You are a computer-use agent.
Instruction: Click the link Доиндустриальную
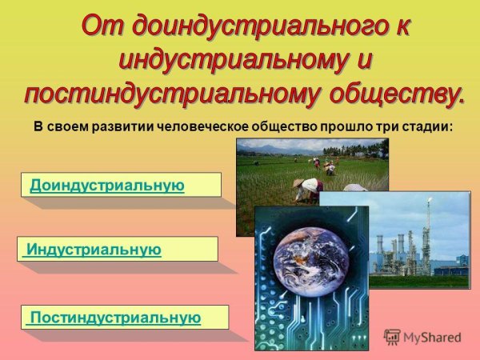click(x=107, y=186)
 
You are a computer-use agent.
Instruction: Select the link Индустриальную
click(x=94, y=250)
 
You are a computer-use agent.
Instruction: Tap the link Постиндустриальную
click(x=115, y=318)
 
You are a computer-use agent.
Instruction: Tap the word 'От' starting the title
click(x=104, y=26)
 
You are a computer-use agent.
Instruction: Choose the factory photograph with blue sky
click(x=420, y=240)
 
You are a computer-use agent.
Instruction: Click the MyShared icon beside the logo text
click(x=392, y=338)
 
